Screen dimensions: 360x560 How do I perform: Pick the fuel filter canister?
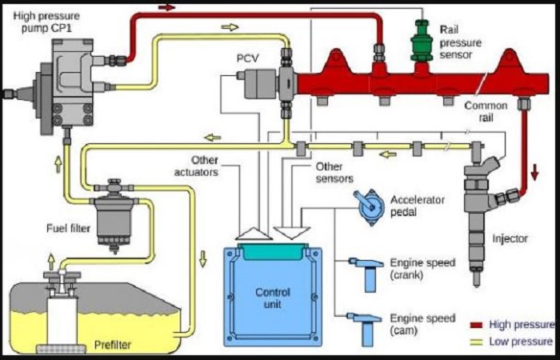(x=115, y=214)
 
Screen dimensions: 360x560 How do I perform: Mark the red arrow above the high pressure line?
(x=167, y=7)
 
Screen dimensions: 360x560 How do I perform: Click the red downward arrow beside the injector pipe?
(x=534, y=171)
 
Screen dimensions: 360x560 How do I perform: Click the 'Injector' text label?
(x=510, y=238)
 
